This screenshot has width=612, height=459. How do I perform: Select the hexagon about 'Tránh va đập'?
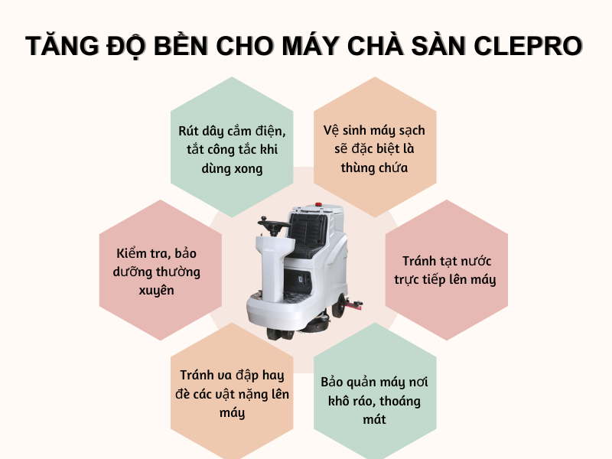[231, 394]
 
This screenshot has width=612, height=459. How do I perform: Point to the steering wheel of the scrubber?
[272, 224]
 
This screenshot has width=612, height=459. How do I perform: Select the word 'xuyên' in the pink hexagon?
[158, 290]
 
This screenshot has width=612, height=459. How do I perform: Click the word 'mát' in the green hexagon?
[376, 419]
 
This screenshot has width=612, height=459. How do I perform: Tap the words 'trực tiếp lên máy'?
[445, 279]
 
